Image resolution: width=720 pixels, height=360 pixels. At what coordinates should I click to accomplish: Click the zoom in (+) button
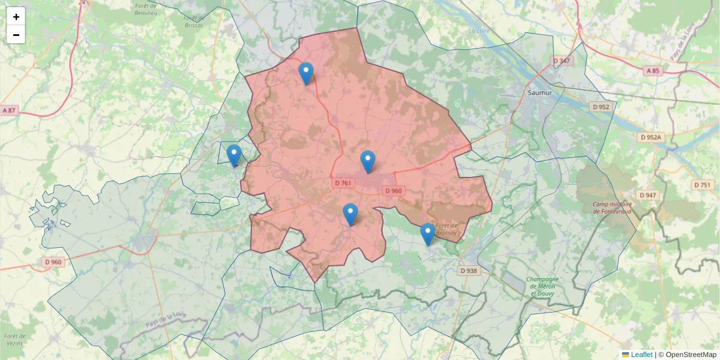pos(16,17)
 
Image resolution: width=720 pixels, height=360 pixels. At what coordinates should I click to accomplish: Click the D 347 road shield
pos(562,61)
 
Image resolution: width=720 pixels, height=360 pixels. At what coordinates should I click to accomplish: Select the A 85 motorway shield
pos(653,71)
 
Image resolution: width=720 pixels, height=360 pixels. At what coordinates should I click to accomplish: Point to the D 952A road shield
pos(650,137)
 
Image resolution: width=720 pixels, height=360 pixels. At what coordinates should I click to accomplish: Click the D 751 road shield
pos(702,185)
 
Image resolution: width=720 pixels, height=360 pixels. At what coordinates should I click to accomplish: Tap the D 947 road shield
pos(648,195)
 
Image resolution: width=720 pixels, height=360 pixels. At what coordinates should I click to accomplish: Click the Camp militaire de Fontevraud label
pos(613,208)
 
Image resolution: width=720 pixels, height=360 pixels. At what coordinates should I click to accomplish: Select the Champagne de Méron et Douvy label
pos(543,287)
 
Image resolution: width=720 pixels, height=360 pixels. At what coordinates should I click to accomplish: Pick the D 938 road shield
pos(470,271)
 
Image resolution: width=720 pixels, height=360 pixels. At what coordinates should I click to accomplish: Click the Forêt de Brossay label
pos(447,229)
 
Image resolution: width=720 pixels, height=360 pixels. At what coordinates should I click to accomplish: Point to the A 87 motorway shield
pos(9,110)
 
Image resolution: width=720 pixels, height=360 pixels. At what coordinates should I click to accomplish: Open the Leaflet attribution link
pos(641,355)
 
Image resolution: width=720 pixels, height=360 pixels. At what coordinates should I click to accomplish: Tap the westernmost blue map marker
pos(234,156)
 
